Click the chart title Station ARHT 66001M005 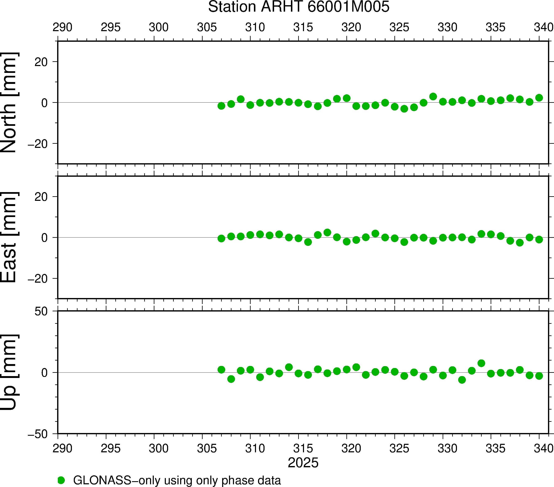tap(298, 7)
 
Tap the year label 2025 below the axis tap(303, 463)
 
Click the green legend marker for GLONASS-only tap(61, 480)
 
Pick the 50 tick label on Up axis tap(41, 312)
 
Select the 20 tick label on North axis tap(41, 62)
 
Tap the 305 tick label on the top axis tap(207, 27)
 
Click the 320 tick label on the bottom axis tap(351, 449)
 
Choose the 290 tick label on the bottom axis tap(62, 449)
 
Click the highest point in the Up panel tap(481, 363)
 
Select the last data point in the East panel tap(539, 239)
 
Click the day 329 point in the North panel tap(433, 96)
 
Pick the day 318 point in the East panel tap(327, 232)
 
